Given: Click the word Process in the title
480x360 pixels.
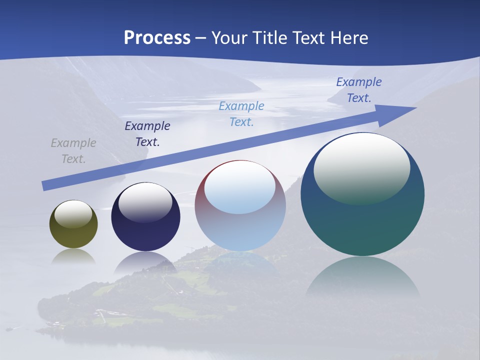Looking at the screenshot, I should [x=157, y=38].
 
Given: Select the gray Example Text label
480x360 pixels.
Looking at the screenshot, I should [x=73, y=151].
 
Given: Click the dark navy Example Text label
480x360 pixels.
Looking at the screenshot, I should [x=147, y=134].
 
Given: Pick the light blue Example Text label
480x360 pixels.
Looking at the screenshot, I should [x=241, y=114].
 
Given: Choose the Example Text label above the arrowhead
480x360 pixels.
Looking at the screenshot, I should [x=358, y=90].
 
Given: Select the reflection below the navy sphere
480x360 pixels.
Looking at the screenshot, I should [x=145, y=263].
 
